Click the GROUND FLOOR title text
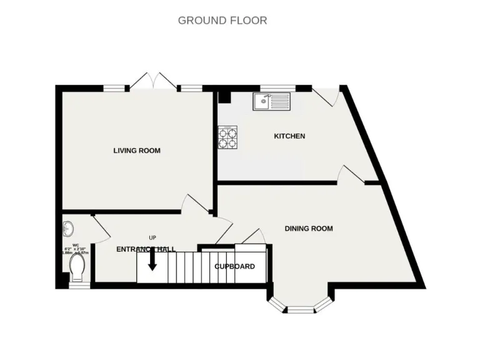pos(222,20)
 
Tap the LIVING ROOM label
pos(137,151)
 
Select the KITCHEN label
pos(290,136)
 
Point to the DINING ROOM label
pos(309,229)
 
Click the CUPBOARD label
pos(234,266)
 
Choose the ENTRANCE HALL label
pos(146,249)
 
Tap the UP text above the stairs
pos(152,237)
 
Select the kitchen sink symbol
pos(271,101)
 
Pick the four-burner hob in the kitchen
pos(228,137)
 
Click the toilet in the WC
pos(77,269)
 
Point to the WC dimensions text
pos(76,249)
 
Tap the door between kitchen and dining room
pos(351,175)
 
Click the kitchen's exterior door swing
pos(326,96)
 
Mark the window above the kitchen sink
pos(277,88)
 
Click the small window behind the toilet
pos(76,286)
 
